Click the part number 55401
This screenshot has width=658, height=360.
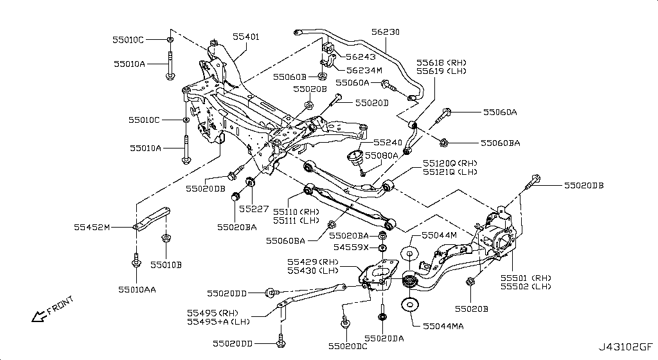tap(245, 38)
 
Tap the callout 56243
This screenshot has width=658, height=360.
tap(362, 57)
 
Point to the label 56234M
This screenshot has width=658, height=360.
tap(364, 70)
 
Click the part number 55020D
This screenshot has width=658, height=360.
tap(372, 103)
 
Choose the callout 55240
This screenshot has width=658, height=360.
tap(387, 143)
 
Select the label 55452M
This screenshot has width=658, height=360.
tap(92, 227)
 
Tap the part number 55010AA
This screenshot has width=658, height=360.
tap(138, 289)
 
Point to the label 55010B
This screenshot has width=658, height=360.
tap(166, 264)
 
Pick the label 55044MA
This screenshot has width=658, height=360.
tap(443, 327)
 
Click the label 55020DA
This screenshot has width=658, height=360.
tap(384, 338)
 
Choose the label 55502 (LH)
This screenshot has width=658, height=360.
tap(526, 287)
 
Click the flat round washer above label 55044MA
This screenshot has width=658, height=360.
tap(409, 305)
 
